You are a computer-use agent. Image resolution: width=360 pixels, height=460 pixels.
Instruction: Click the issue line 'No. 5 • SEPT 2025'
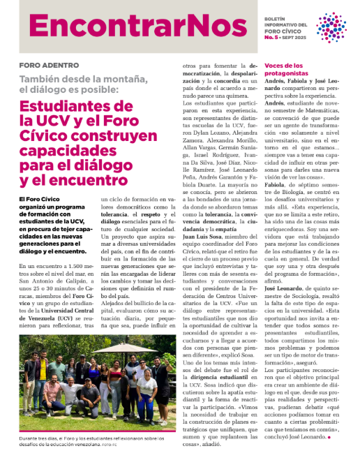pos(287,39)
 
